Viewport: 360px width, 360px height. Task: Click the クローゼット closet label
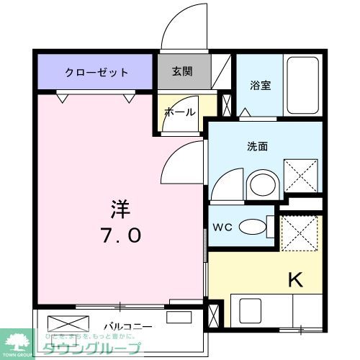click(96, 72)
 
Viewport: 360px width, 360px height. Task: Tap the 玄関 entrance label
click(183, 71)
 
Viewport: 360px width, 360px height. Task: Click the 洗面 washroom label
click(258, 146)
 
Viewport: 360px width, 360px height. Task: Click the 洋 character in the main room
click(120, 207)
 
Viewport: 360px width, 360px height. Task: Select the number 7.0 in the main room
click(120, 235)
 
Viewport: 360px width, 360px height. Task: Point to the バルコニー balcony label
click(127, 326)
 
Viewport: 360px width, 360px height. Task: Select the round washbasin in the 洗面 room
click(260, 184)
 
